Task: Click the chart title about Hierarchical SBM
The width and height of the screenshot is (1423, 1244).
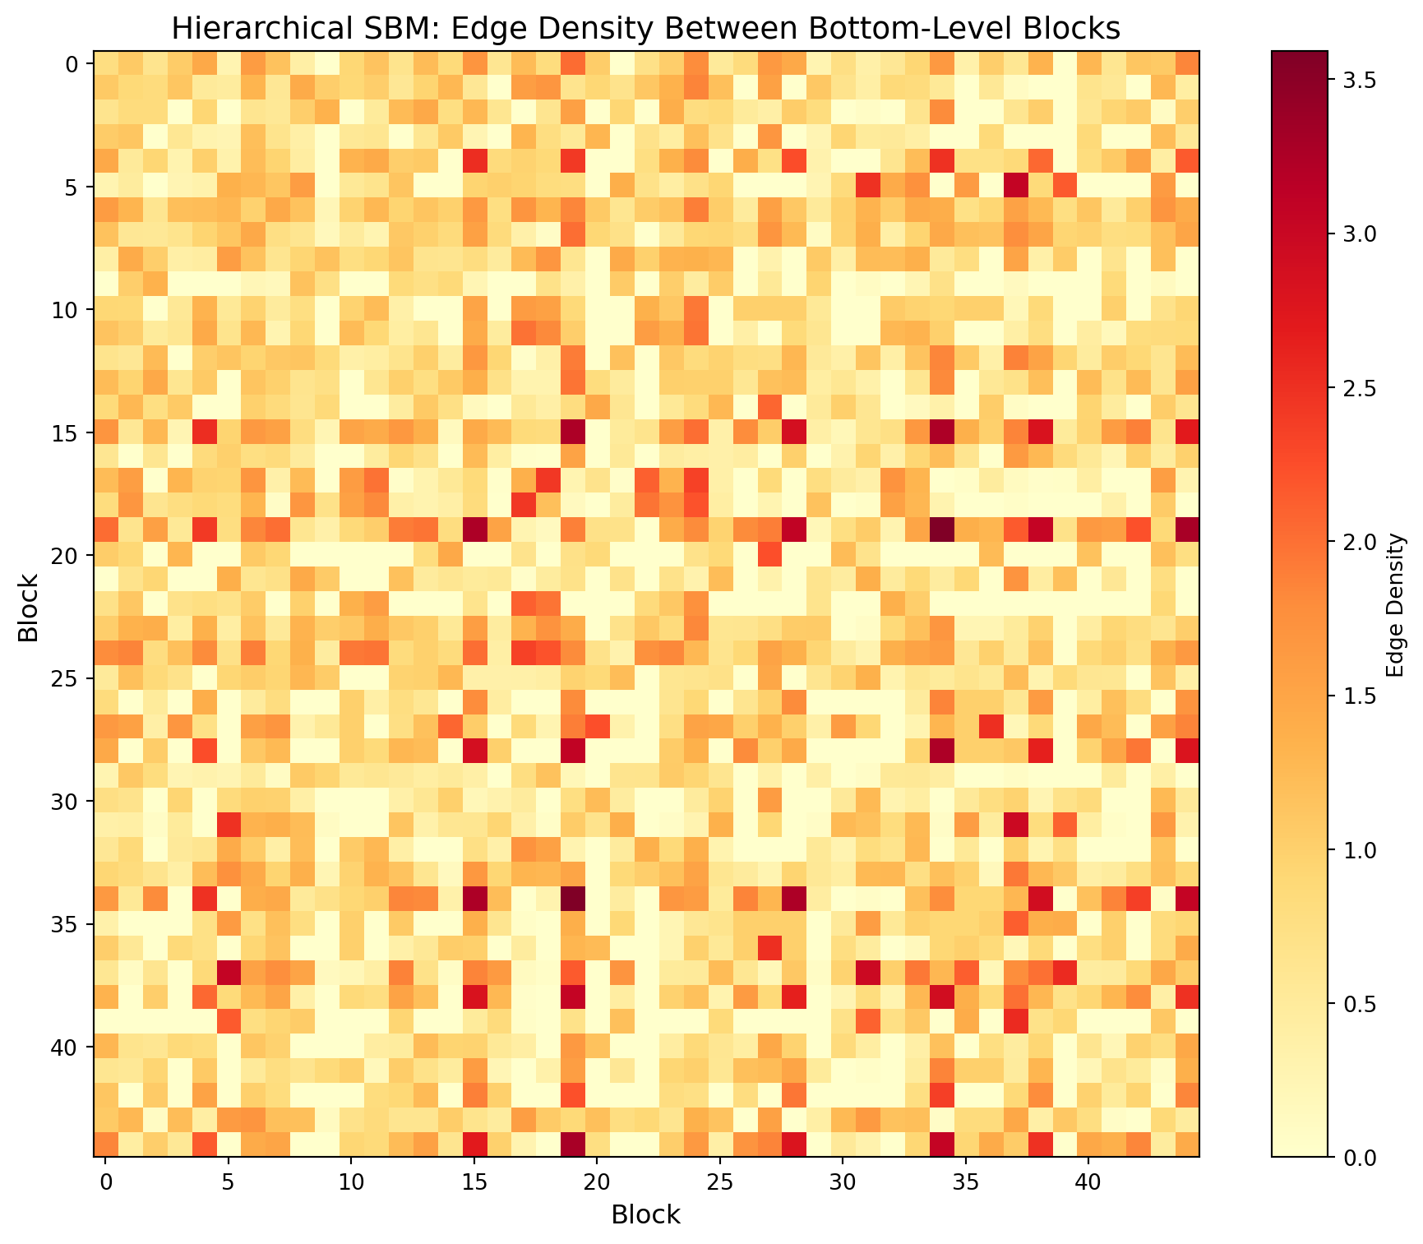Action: [645, 29]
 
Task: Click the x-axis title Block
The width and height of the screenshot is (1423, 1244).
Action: [645, 1214]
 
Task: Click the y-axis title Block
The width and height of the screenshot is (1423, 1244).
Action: [30, 604]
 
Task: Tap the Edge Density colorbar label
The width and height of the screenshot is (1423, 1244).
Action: [1394, 604]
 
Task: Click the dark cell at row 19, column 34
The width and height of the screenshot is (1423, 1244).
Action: [941, 530]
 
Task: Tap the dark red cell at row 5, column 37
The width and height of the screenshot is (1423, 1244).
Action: [1015, 187]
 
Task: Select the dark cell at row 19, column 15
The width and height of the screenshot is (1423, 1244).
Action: [474, 530]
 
